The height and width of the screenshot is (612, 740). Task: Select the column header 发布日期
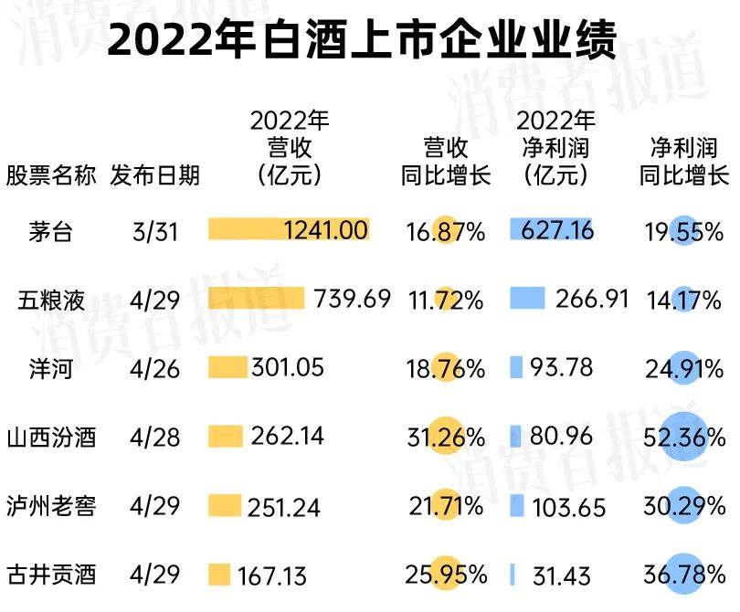(x=154, y=174)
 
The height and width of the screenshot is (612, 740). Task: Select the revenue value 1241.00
(x=326, y=230)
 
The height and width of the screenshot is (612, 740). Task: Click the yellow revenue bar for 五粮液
(x=256, y=299)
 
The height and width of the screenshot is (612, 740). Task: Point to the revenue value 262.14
(x=288, y=437)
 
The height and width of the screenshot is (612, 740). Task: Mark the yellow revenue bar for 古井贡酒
(x=219, y=575)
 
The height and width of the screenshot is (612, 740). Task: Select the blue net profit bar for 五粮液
(x=527, y=298)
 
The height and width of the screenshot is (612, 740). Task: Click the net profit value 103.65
(x=567, y=506)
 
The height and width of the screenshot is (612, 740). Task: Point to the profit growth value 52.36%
(x=683, y=438)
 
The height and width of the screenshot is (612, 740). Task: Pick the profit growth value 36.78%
(x=683, y=575)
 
